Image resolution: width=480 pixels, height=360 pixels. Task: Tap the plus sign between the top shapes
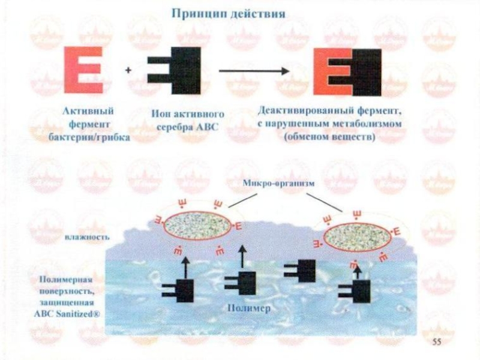[128, 70]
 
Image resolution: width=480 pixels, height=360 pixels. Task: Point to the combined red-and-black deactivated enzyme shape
[347, 72]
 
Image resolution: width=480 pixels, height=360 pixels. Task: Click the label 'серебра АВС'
[184, 125]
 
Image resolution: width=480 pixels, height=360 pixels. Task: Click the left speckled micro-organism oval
[197, 226]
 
